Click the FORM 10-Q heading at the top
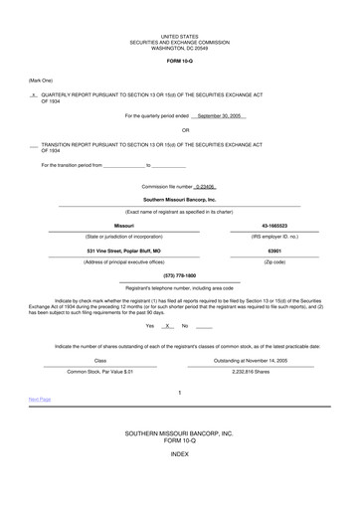coord(179,61)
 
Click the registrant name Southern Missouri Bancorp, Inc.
coord(179,199)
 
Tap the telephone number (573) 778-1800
coord(179,275)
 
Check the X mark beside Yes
coord(169,325)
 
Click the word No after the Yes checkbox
coord(184,325)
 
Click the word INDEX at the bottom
coord(179,480)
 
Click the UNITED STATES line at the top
coord(179,35)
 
